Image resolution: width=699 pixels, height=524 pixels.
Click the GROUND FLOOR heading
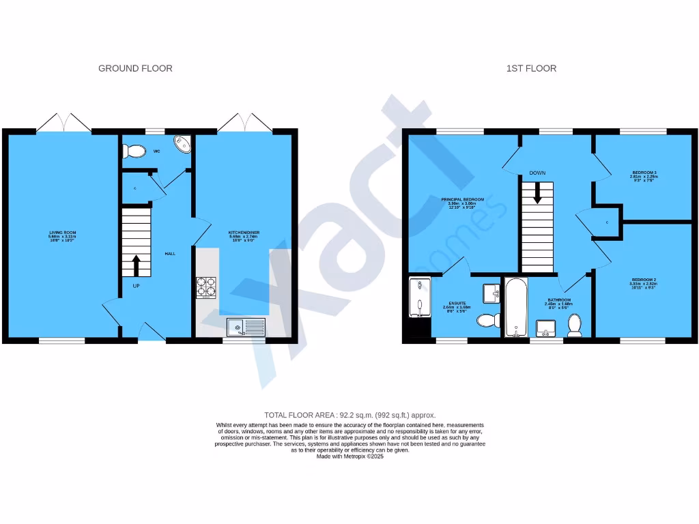135,68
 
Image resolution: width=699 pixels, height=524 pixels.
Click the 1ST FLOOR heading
531,68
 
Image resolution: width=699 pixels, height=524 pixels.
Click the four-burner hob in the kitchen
206,287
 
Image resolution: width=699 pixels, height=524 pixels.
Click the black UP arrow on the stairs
137,263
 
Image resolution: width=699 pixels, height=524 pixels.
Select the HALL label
170,254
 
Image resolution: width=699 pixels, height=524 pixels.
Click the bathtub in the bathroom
515,308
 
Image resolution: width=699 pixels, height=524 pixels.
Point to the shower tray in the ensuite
419,297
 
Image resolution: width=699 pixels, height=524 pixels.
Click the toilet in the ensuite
487,321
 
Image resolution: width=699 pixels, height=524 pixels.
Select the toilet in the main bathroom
575,325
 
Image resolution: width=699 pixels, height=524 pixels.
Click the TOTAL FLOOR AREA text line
349,415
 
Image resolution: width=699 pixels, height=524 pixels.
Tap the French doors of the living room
63,123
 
